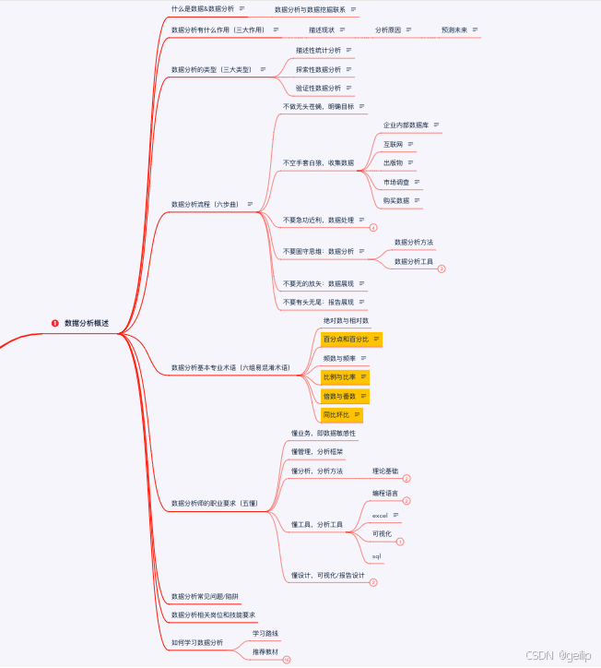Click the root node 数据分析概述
coord(87,323)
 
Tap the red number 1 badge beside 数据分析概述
coord(55,323)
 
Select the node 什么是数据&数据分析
coord(202,8)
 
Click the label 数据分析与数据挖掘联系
coord(310,9)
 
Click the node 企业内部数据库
coord(406,125)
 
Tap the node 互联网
coord(394,144)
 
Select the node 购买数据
coord(396,200)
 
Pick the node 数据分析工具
coord(414,261)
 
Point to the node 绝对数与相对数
coord(346,320)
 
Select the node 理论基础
coord(385,471)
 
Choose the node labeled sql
coord(377,556)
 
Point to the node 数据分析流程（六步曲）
coord(206,204)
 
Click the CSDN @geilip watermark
coord(558,654)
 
